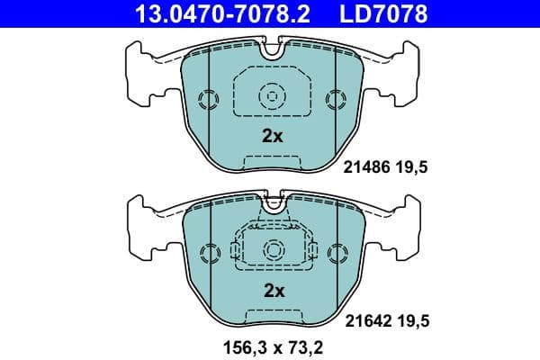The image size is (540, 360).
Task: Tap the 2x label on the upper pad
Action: click(x=272, y=137)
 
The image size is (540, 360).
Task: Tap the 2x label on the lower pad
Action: click(x=272, y=291)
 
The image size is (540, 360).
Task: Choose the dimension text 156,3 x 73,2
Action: click(x=271, y=345)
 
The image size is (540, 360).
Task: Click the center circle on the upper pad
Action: click(x=271, y=95)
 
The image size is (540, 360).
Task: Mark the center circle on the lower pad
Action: click(x=271, y=249)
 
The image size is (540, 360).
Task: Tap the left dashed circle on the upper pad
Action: click(x=207, y=98)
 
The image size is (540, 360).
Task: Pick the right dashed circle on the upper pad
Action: click(x=336, y=98)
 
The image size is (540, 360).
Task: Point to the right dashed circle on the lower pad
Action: click(x=336, y=252)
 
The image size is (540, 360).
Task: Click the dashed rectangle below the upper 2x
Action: click(x=271, y=163)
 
